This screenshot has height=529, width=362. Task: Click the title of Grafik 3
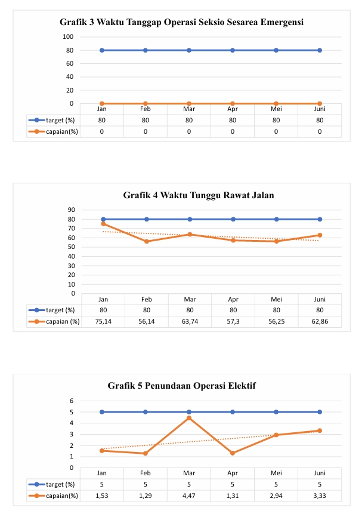181,23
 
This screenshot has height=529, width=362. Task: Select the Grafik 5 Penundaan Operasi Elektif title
181,386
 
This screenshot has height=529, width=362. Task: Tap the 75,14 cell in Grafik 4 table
103,321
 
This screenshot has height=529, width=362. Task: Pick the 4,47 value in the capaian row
190,496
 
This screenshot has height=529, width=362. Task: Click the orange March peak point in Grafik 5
189,418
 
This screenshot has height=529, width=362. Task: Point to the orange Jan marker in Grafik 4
103,224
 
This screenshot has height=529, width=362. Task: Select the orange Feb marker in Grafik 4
147,241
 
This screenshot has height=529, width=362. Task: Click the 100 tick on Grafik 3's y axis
67,36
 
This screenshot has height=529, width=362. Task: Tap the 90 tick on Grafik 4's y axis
71,210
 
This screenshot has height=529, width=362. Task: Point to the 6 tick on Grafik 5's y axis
71,401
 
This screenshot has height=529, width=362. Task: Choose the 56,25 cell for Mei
276,321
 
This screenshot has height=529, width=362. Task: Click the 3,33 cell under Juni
320,496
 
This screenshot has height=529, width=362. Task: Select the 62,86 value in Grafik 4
320,321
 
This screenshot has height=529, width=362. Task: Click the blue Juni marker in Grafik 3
320,50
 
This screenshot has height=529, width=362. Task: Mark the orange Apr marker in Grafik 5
233,453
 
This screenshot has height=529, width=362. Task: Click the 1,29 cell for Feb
146,496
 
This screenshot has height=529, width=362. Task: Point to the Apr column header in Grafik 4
233,299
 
